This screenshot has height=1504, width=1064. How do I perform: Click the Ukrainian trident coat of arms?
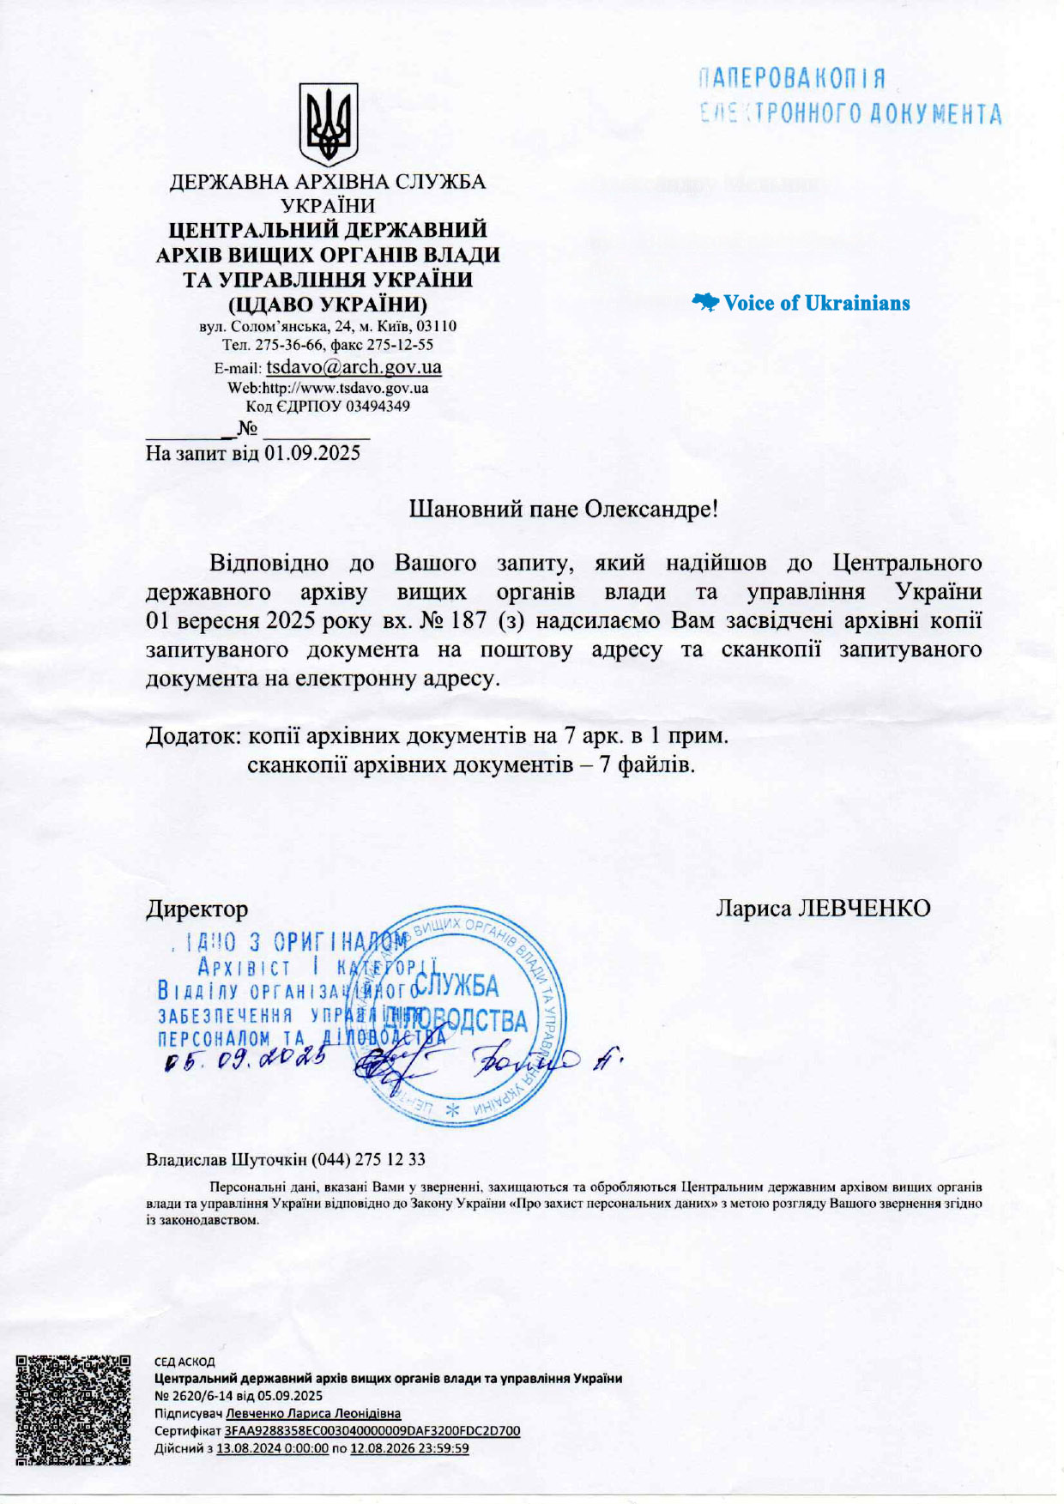tap(328, 124)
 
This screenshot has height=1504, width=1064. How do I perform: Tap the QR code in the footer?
tap(73, 1410)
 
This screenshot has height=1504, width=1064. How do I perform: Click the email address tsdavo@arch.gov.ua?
tap(354, 367)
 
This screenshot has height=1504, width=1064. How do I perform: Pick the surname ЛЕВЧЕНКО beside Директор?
tap(864, 908)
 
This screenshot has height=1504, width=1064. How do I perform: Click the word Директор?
tap(196, 909)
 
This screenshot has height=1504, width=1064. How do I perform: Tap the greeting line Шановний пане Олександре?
tap(562, 509)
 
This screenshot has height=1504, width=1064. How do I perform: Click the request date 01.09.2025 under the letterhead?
tap(312, 453)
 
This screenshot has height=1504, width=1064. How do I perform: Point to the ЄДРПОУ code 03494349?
tap(377, 406)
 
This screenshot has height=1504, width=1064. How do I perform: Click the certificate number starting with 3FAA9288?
tap(372, 1430)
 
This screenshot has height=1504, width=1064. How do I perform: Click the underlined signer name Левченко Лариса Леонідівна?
tap(313, 1413)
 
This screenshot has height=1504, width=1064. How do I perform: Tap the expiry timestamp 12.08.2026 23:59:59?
tap(409, 1448)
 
